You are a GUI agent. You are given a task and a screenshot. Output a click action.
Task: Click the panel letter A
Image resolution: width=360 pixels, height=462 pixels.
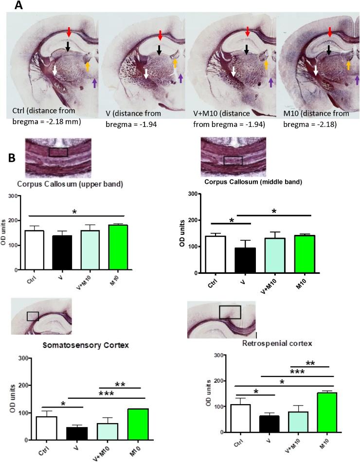click(18, 5)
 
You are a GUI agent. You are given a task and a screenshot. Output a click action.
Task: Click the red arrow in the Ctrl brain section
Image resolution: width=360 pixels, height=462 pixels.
click(69, 33)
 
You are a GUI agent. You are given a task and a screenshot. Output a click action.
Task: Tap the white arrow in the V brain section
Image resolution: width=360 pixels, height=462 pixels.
click(146, 73)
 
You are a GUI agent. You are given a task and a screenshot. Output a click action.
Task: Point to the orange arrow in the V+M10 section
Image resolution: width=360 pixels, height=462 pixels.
click(266, 64)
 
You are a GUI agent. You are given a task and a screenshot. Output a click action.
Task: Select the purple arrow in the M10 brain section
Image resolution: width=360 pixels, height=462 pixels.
click(358, 80)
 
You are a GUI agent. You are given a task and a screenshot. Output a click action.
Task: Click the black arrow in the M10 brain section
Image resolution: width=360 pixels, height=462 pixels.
click(329, 49)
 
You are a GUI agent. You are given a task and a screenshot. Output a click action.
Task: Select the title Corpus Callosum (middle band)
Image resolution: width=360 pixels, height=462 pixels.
click(248, 182)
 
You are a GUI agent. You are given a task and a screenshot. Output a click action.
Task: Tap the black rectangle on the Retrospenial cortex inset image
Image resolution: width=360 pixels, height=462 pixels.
click(230, 312)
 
